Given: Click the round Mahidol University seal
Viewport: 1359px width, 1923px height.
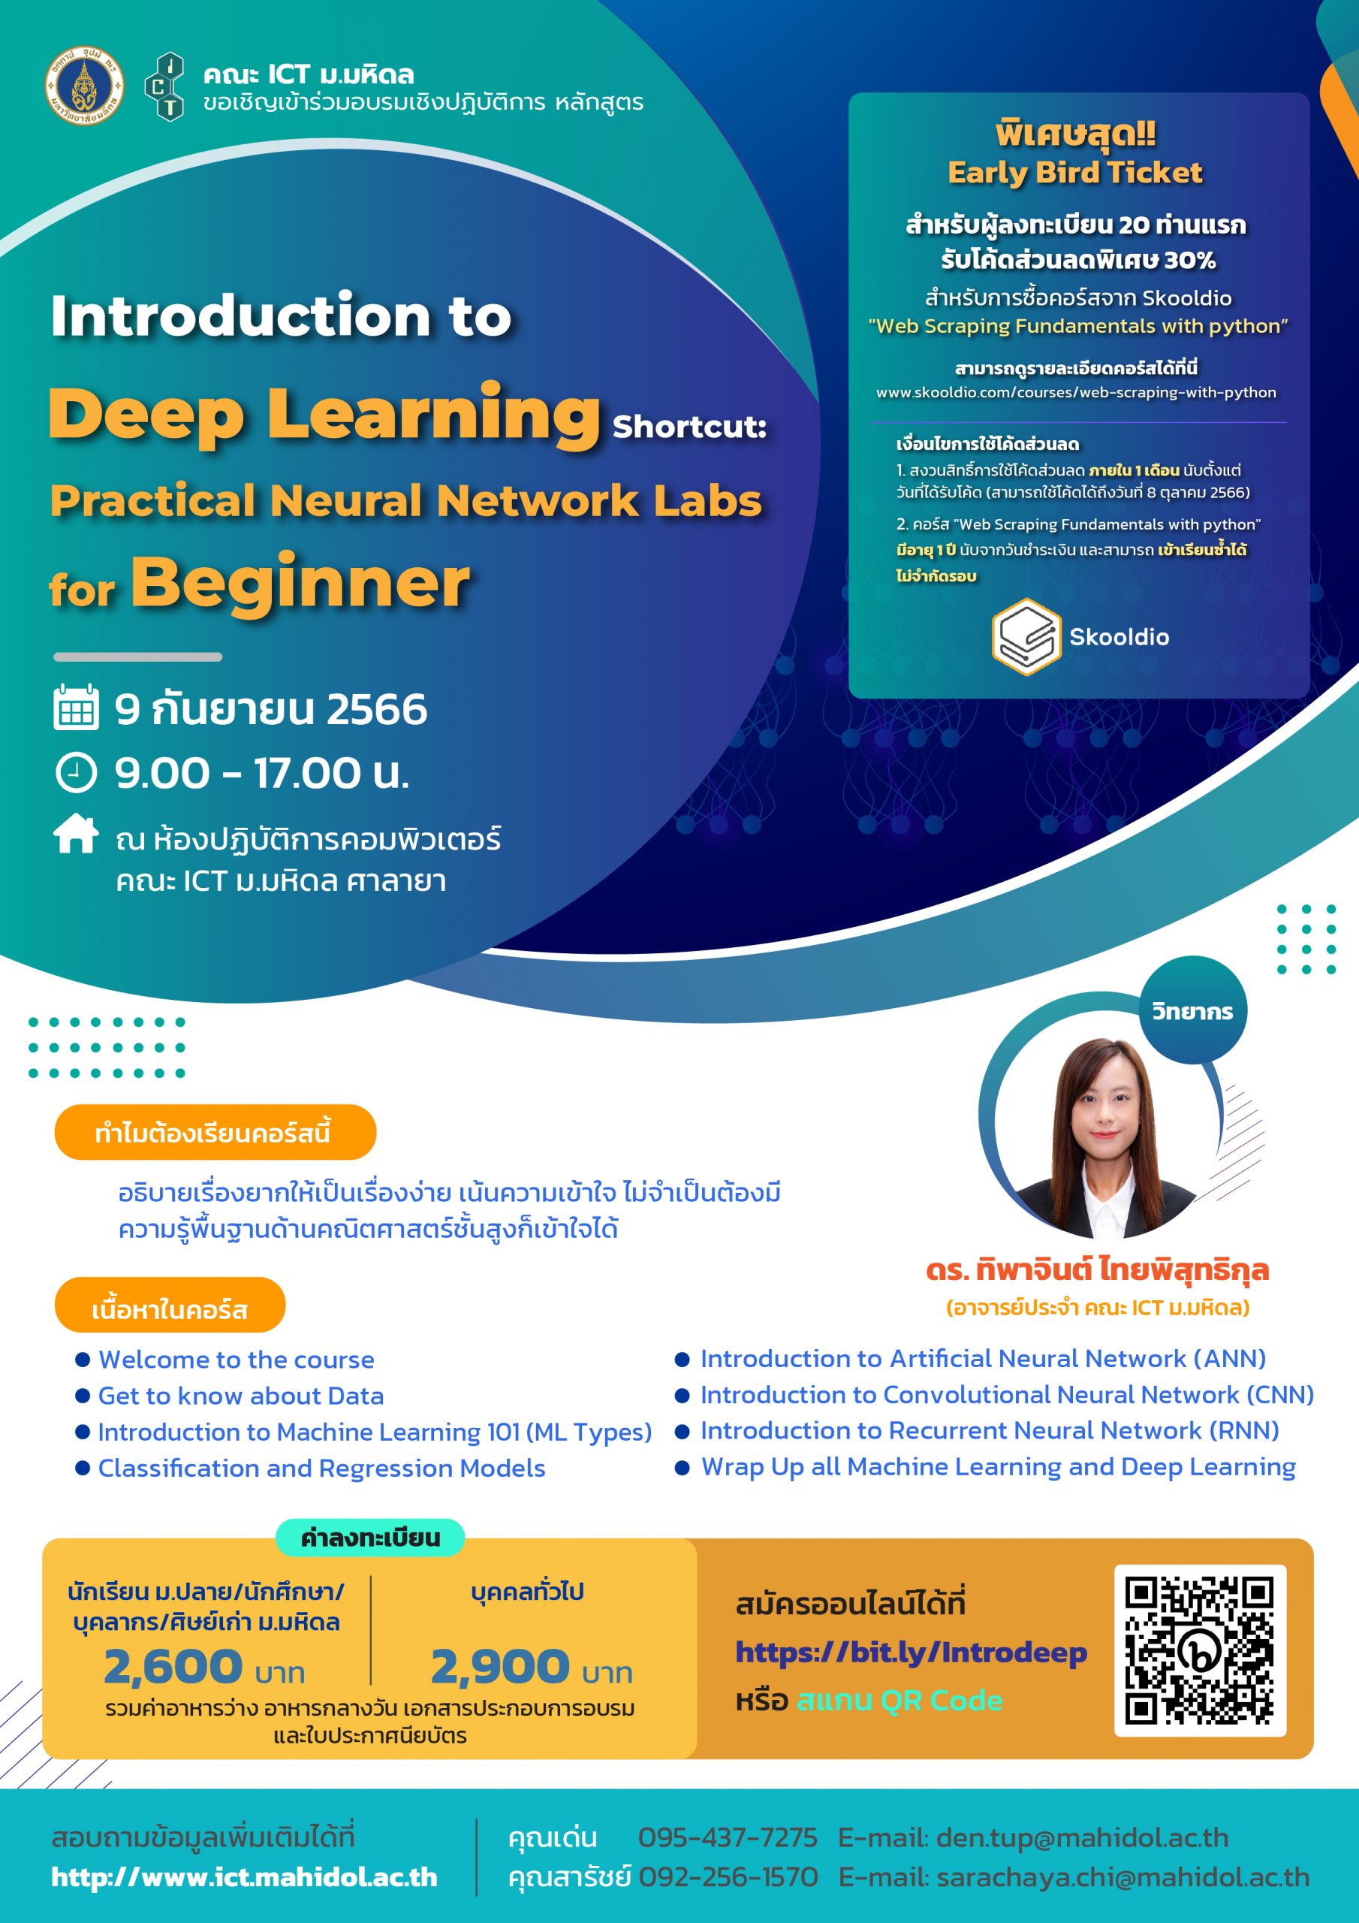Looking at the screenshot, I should (x=84, y=86).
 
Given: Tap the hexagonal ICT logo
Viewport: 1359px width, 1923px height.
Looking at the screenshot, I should (x=165, y=86).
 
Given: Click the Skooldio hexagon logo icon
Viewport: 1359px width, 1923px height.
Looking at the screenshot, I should (x=1026, y=636).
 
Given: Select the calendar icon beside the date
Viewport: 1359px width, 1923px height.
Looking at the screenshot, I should (x=76, y=708).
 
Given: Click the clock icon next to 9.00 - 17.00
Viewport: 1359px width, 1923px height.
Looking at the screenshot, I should (x=76, y=772).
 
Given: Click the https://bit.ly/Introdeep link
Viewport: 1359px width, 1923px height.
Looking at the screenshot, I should (x=910, y=1652).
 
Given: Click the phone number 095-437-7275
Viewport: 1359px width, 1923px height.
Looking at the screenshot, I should (x=727, y=1837).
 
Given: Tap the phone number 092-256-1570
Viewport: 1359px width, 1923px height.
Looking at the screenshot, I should (x=727, y=1876).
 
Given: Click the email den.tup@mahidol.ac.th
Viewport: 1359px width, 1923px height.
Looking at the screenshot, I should (x=1082, y=1837).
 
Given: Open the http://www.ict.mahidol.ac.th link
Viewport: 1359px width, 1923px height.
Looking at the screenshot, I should (x=244, y=1876).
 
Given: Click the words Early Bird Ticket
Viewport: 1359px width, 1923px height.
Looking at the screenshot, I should (x=1074, y=173).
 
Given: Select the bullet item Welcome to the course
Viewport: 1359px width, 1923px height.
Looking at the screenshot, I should (x=236, y=1360).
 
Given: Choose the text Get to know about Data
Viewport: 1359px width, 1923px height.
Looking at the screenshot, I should (x=240, y=1396).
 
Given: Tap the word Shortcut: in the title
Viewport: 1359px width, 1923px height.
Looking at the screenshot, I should (x=689, y=427).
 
